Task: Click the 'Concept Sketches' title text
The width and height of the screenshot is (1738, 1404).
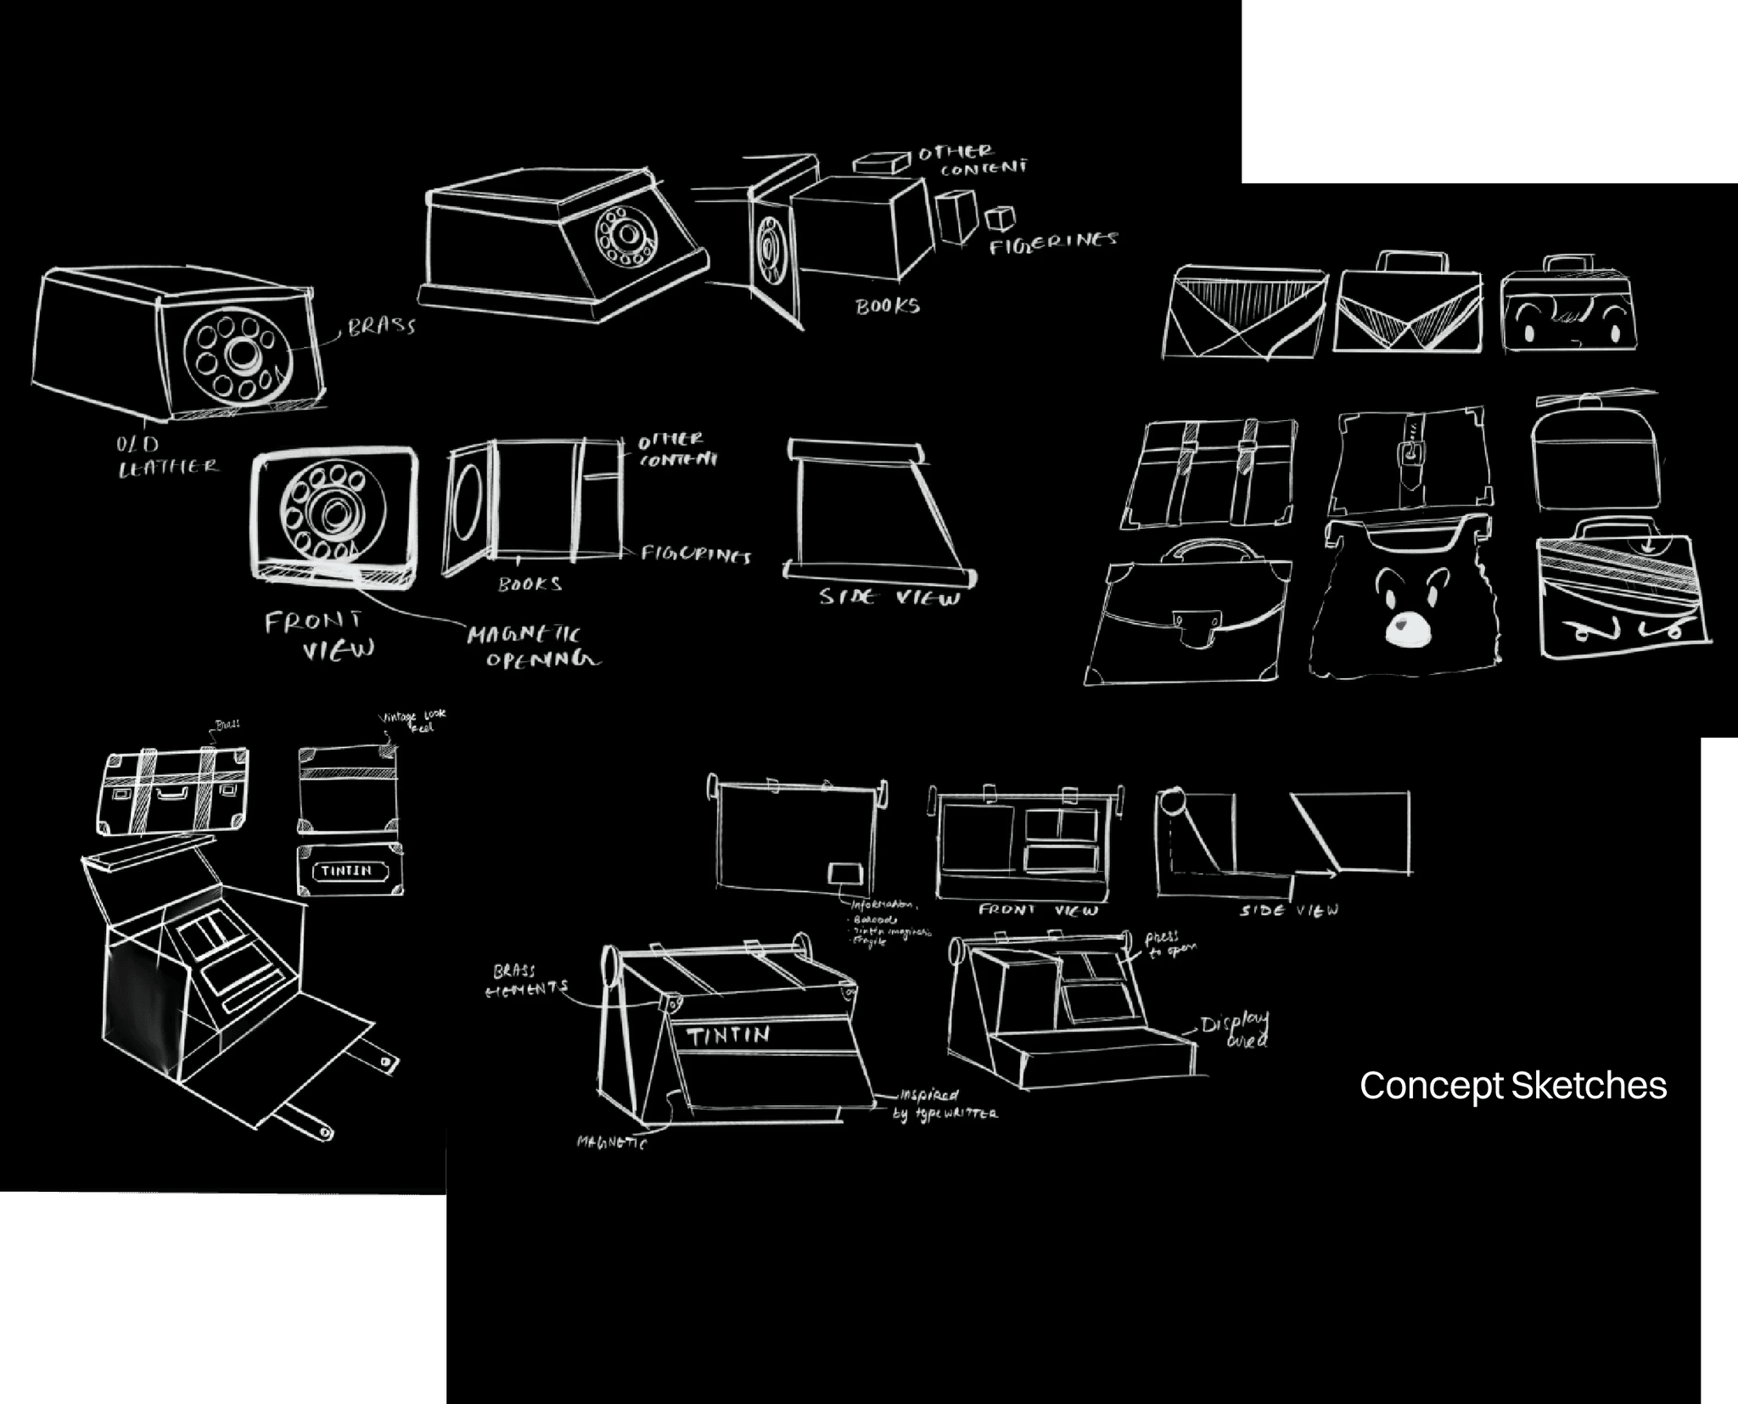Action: (1513, 1086)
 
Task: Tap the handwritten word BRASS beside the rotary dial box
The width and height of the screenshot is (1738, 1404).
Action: (381, 326)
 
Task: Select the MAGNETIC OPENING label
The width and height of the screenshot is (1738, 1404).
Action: (533, 647)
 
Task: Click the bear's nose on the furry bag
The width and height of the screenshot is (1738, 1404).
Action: (1407, 628)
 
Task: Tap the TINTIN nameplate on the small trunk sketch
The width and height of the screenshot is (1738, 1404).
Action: (346, 871)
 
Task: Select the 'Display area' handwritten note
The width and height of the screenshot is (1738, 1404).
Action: (1236, 1029)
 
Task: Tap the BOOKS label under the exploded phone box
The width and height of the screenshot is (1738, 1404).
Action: (887, 306)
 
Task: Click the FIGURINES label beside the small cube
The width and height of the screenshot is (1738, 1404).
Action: (1053, 242)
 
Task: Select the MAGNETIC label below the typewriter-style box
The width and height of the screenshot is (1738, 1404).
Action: (612, 1143)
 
